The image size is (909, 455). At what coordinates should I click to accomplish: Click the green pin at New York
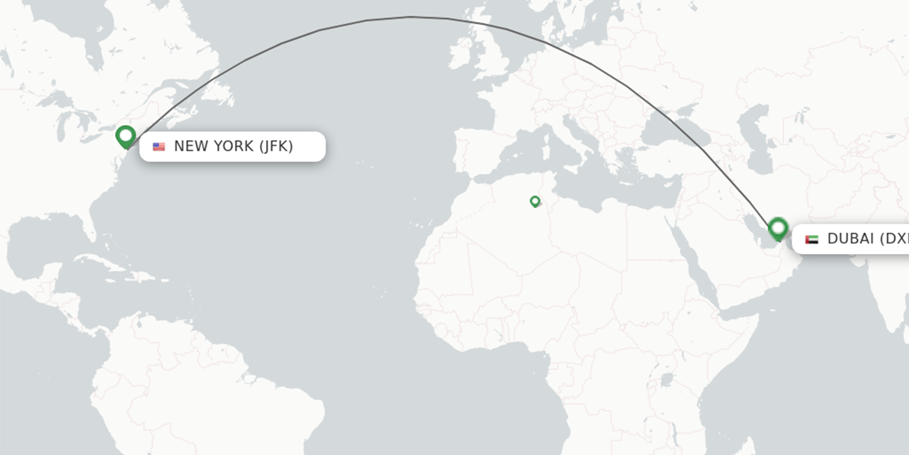[126, 136]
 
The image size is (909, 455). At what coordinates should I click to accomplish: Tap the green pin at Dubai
[778, 227]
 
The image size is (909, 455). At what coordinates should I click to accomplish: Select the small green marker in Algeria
[535, 201]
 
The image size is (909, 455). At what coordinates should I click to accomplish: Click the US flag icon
[159, 146]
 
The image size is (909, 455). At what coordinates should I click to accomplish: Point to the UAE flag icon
[812, 239]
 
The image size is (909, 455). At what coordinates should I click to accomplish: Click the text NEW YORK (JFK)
[233, 146]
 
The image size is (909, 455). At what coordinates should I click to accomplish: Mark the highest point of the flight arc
[411, 17]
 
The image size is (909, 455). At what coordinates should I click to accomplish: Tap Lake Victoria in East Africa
[667, 379]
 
